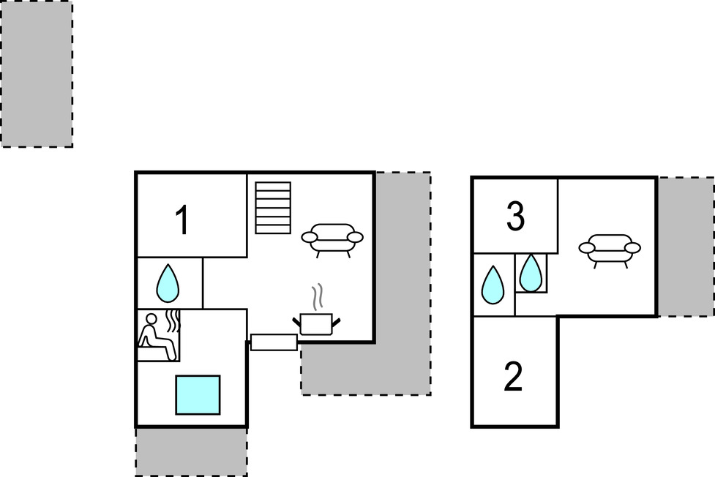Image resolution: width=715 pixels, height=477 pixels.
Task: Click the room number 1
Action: [x=182, y=220]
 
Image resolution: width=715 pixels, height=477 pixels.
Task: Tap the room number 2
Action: [x=514, y=377]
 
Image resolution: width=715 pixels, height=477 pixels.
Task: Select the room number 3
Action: [x=515, y=217]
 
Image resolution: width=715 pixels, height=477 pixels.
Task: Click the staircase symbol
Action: [x=273, y=208]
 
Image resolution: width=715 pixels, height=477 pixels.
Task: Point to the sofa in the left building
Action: [x=332, y=238]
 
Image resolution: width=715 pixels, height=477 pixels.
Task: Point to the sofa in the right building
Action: [x=610, y=249]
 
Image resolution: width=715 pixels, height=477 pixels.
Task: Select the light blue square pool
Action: [x=198, y=395]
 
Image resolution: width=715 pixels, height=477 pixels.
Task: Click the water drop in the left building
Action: [x=168, y=282]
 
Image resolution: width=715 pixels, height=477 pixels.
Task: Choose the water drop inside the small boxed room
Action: [x=531, y=272]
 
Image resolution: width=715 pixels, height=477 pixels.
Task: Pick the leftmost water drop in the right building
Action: [x=493, y=285]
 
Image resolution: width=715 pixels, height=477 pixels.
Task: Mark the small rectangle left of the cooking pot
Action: [x=274, y=342]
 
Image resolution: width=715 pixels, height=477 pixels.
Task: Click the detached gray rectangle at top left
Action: [x=36, y=74]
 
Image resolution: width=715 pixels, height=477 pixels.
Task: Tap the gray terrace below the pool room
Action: [x=191, y=451]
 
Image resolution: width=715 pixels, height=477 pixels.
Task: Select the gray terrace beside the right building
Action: [x=686, y=247]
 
